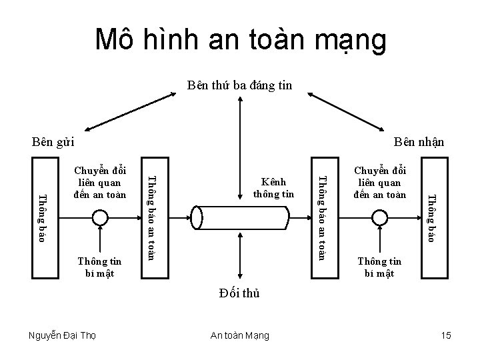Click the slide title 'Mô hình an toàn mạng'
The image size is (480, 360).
(240, 40)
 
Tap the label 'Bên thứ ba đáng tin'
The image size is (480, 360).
(239, 85)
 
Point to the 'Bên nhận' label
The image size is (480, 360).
(419, 141)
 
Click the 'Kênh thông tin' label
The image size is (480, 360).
(274, 188)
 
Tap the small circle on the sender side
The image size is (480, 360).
(100, 217)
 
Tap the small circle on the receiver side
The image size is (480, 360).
(380, 217)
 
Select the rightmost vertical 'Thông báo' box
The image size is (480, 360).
(433, 217)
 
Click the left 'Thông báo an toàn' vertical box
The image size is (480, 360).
(151, 217)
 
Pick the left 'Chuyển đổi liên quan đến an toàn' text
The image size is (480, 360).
(100, 180)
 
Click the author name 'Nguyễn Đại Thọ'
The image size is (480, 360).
(63, 335)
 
